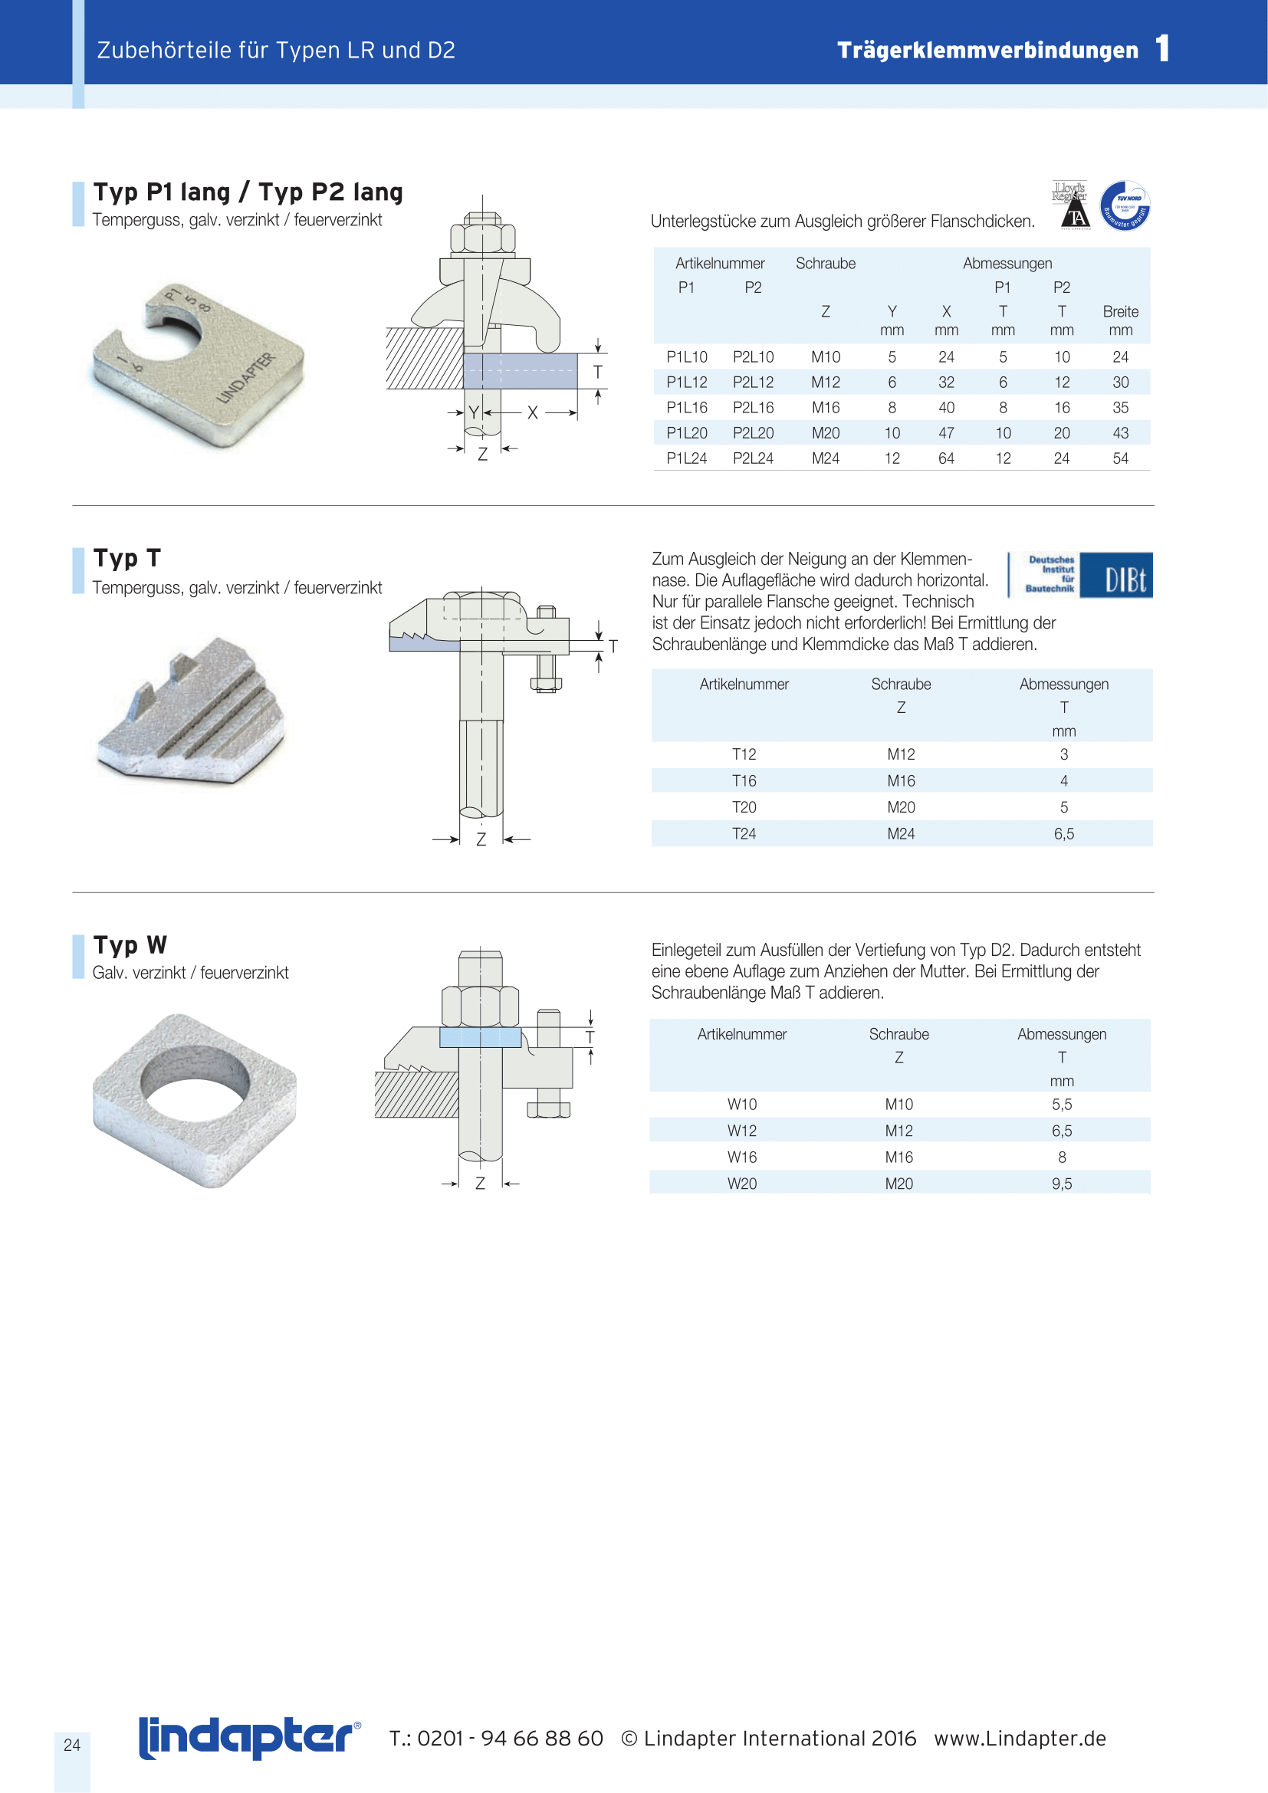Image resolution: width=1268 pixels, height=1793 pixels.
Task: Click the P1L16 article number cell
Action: (x=686, y=408)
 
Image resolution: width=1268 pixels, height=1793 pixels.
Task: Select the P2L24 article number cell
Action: (x=753, y=458)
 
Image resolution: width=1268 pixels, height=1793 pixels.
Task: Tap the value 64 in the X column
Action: (x=945, y=458)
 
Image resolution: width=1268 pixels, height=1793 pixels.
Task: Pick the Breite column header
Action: (x=1121, y=311)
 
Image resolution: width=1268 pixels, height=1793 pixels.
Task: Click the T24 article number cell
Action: (x=744, y=834)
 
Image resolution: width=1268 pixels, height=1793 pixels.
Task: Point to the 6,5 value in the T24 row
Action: (x=1063, y=834)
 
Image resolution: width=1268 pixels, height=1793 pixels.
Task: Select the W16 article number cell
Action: (x=742, y=1158)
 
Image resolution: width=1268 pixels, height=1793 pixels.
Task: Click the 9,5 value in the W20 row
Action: (x=1061, y=1184)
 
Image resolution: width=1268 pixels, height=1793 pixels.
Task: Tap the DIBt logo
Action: (x=1080, y=576)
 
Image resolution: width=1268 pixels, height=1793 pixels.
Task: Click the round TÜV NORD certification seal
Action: (x=1125, y=206)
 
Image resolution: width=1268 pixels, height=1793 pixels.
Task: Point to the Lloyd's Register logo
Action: (x=1069, y=205)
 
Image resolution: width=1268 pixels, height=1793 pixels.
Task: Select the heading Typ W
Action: (x=130, y=945)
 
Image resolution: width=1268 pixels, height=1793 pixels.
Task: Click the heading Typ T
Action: (x=126, y=558)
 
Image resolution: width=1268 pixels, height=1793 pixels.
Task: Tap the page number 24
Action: (x=72, y=1745)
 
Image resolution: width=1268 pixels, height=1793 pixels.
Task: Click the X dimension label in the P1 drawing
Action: (x=533, y=412)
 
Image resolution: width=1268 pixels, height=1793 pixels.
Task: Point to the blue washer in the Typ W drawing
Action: (x=479, y=1037)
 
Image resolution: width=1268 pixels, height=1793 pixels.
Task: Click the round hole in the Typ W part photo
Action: (x=195, y=1082)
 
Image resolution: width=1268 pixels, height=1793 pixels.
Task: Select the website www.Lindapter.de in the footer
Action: (x=1020, y=1739)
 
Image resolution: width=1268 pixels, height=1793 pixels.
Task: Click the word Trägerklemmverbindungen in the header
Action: (x=987, y=51)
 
